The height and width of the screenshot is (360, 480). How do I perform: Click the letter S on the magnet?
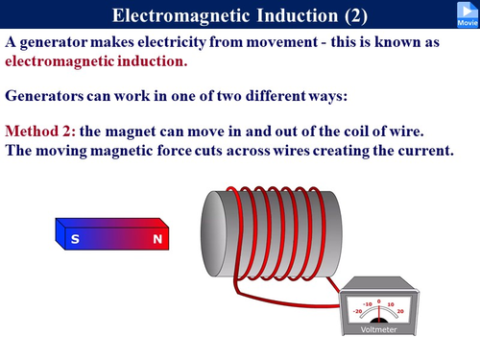(75, 240)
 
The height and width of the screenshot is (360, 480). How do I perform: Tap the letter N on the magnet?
(156, 240)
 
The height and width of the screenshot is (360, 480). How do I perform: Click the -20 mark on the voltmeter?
(358, 311)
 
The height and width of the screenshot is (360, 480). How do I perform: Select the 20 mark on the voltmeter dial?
(400, 311)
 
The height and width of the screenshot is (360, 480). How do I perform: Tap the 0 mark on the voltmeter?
(379, 300)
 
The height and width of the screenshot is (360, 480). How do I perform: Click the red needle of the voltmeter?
(379, 311)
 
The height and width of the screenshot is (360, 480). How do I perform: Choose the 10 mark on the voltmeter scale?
(392, 304)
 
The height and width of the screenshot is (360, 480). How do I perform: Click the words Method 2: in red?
(39, 131)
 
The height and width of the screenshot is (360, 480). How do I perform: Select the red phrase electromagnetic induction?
(96, 60)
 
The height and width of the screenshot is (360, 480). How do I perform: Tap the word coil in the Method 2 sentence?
(367, 131)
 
